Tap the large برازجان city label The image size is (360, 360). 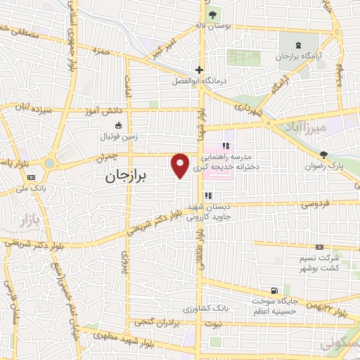(x=129, y=176)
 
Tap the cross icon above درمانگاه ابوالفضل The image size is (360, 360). (x=200, y=70)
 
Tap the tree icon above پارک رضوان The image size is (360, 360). (x=323, y=155)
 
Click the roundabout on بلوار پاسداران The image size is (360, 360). (x=50, y=162)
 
